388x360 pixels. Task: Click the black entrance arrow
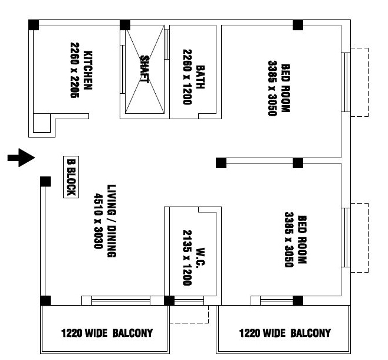[22, 158]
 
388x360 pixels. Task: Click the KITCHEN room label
[88, 70]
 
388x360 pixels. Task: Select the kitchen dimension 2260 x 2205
[74, 70]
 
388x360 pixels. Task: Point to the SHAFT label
[144, 69]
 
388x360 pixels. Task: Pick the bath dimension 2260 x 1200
[188, 76]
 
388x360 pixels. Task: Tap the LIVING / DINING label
[111, 220]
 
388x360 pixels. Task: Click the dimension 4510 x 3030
[98, 220]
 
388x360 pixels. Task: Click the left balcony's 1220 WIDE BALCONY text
[107, 333]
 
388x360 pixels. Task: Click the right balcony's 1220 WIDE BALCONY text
[285, 333]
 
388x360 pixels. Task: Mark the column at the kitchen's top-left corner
[34, 25]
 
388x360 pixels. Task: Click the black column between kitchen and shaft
[125, 25]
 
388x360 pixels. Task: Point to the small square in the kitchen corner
[41, 123]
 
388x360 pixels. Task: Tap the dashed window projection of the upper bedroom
[359, 82]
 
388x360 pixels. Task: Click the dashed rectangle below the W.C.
[189, 315]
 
